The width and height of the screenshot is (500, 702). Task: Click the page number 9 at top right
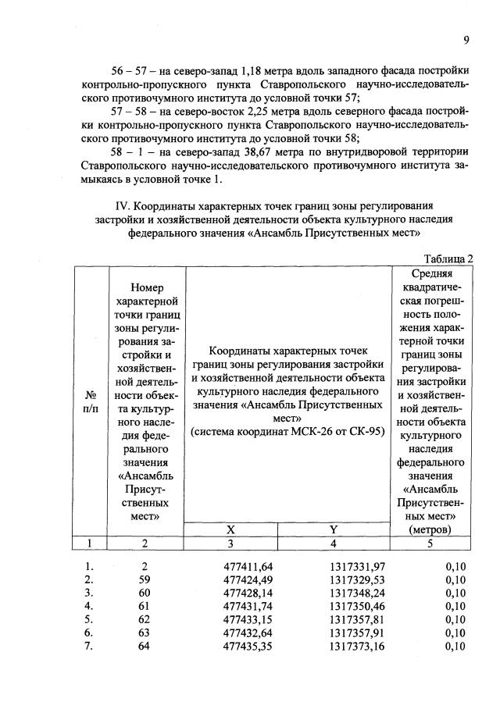pos(466,41)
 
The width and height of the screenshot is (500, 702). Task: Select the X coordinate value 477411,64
pos(247,566)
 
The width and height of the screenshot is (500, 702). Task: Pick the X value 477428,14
pos(247,593)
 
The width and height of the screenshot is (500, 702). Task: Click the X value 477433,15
pos(247,619)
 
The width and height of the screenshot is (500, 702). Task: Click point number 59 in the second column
pos(144,579)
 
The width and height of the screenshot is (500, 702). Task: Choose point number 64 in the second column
pos(144,646)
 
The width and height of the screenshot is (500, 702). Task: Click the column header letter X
pos(231,529)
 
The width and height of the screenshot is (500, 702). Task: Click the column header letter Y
pos(334,529)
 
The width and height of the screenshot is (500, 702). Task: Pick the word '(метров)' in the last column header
pos(432,529)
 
